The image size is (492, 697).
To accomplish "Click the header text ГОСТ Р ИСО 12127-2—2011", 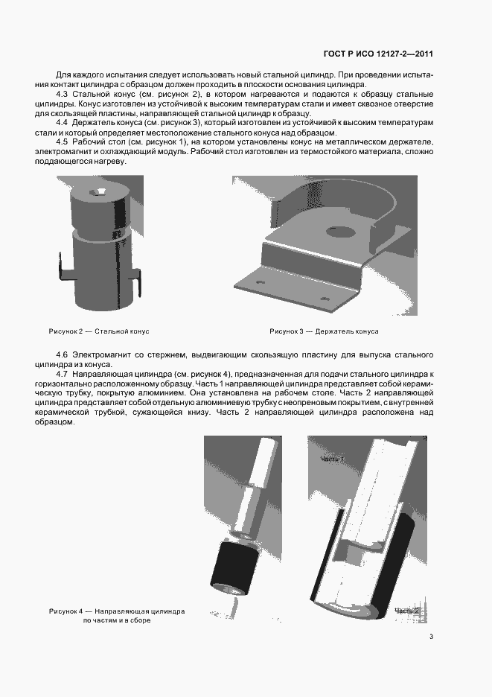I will pyautogui.click(x=378, y=54).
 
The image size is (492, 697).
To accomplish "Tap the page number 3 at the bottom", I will pyautogui.click(x=431, y=636).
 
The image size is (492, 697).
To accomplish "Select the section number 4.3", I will pyautogui.click(x=63, y=94).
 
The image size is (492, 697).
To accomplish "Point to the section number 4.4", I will pyautogui.click(x=63, y=122).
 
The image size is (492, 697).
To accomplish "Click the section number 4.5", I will pyautogui.click(x=63, y=141).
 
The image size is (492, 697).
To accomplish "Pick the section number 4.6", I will pyautogui.click(x=63, y=354).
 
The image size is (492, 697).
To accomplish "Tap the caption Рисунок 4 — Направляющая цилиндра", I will pyautogui.click(x=117, y=611).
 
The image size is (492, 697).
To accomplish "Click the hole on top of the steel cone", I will pyautogui.click(x=98, y=193).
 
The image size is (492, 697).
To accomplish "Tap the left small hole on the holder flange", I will pyautogui.click(x=260, y=283).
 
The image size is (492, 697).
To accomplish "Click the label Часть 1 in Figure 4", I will pyautogui.click(x=332, y=459).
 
